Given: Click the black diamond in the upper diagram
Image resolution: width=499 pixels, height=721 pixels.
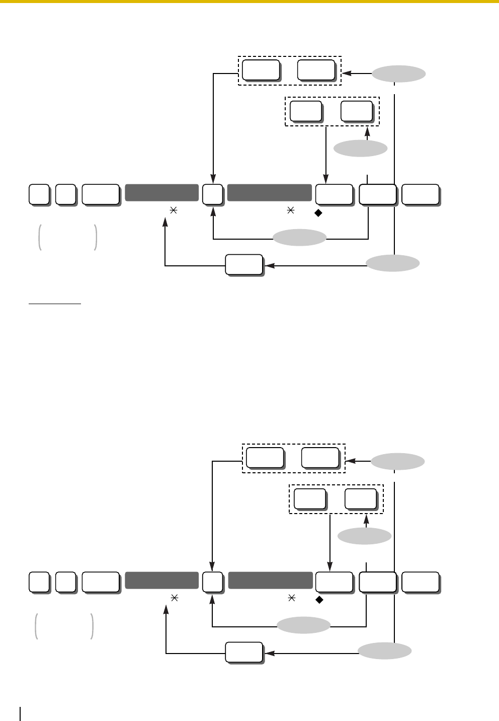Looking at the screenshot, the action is (318, 212).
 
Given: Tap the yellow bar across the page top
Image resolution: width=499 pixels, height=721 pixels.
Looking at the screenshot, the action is (249, 2).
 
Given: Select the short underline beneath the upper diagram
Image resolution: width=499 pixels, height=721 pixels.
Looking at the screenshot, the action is (54, 304).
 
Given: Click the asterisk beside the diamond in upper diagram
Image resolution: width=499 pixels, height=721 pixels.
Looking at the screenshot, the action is (290, 212).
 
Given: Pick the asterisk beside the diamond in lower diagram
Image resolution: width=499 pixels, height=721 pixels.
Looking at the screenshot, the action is (291, 599).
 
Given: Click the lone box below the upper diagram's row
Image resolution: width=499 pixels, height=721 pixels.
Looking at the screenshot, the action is (243, 265).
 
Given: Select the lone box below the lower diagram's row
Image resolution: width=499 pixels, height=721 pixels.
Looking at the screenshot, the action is (244, 653).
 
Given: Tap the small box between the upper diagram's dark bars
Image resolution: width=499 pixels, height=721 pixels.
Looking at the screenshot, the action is (212, 194).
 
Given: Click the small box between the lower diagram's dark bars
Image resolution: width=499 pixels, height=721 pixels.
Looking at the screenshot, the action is (212, 582).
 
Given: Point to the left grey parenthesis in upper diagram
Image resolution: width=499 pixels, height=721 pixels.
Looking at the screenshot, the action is (39, 237).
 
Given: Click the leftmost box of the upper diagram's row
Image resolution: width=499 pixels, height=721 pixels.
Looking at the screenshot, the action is (39, 194).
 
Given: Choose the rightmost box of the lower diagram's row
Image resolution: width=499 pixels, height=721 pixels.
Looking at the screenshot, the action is (420, 582).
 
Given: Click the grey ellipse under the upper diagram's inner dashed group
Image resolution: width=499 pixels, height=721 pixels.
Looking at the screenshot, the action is (361, 149).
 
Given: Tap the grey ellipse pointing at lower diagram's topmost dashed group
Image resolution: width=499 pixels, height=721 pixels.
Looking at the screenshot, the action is (398, 461).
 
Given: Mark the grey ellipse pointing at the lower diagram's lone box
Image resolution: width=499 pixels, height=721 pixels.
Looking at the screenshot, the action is (385, 651).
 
